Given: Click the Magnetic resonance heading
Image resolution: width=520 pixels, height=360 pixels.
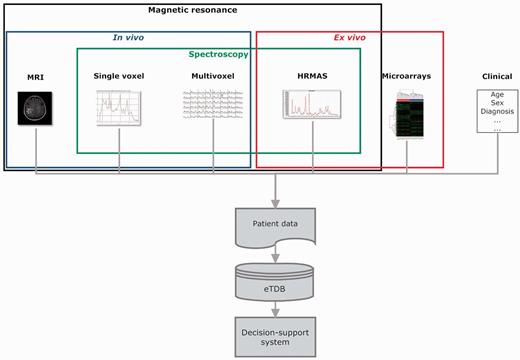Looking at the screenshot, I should click(x=192, y=9).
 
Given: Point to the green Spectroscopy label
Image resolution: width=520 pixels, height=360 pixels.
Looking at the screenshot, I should click(x=219, y=54).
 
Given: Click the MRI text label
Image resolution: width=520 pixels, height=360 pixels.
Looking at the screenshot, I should click(x=36, y=76).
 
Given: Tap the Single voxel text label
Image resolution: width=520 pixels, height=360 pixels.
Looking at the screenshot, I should click(x=120, y=76).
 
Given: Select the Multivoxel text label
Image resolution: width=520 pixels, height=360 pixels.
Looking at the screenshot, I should click(x=212, y=76).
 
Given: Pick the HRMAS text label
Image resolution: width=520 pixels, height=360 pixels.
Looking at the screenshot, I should click(x=310, y=76).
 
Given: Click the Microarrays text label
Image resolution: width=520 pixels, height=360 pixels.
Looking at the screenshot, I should click(x=409, y=76).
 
